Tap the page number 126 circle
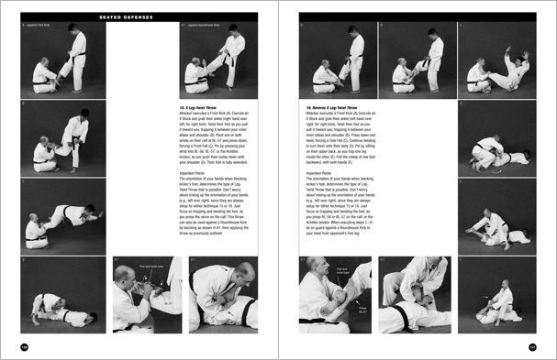click(26, 346)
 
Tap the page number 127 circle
click(531, 346)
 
